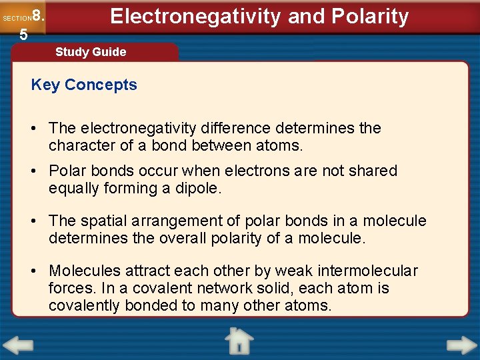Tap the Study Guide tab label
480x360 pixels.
pos(91,52)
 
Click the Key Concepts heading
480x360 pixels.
pos(84,85)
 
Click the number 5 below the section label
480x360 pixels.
pos(23,35)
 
